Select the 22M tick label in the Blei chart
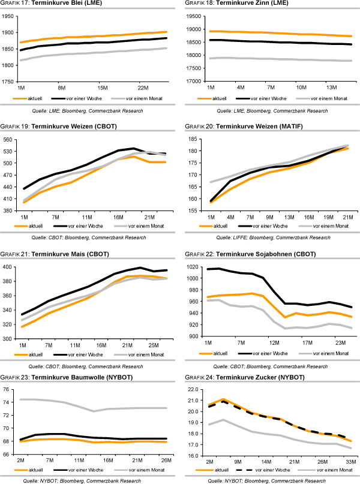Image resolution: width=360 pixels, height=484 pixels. pos(143,86)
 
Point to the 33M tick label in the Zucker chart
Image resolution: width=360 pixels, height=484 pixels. pos(349,462)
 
